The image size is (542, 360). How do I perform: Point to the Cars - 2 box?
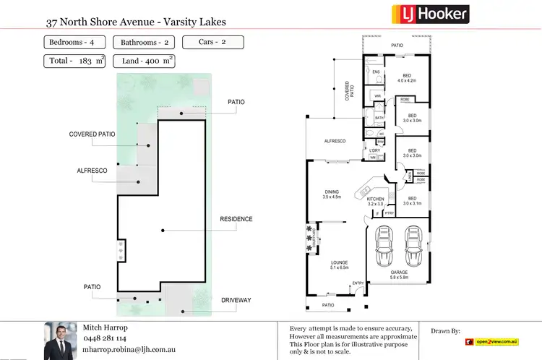(x=213, y=42)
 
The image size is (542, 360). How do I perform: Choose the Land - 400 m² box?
(x=143, y=61)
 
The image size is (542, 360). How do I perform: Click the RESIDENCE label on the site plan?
(x=236, y=219)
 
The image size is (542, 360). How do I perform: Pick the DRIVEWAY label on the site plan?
(x=236, y=300)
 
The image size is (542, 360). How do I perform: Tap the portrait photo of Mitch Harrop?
(x=60, y=340)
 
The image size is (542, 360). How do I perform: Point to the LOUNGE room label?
(x=340, y=264)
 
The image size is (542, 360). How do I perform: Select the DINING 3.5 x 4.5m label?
(x=331, y=193)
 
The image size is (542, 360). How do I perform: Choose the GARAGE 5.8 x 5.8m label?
(x=399, y=275)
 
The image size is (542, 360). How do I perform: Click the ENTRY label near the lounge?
(x=358, y=283)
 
